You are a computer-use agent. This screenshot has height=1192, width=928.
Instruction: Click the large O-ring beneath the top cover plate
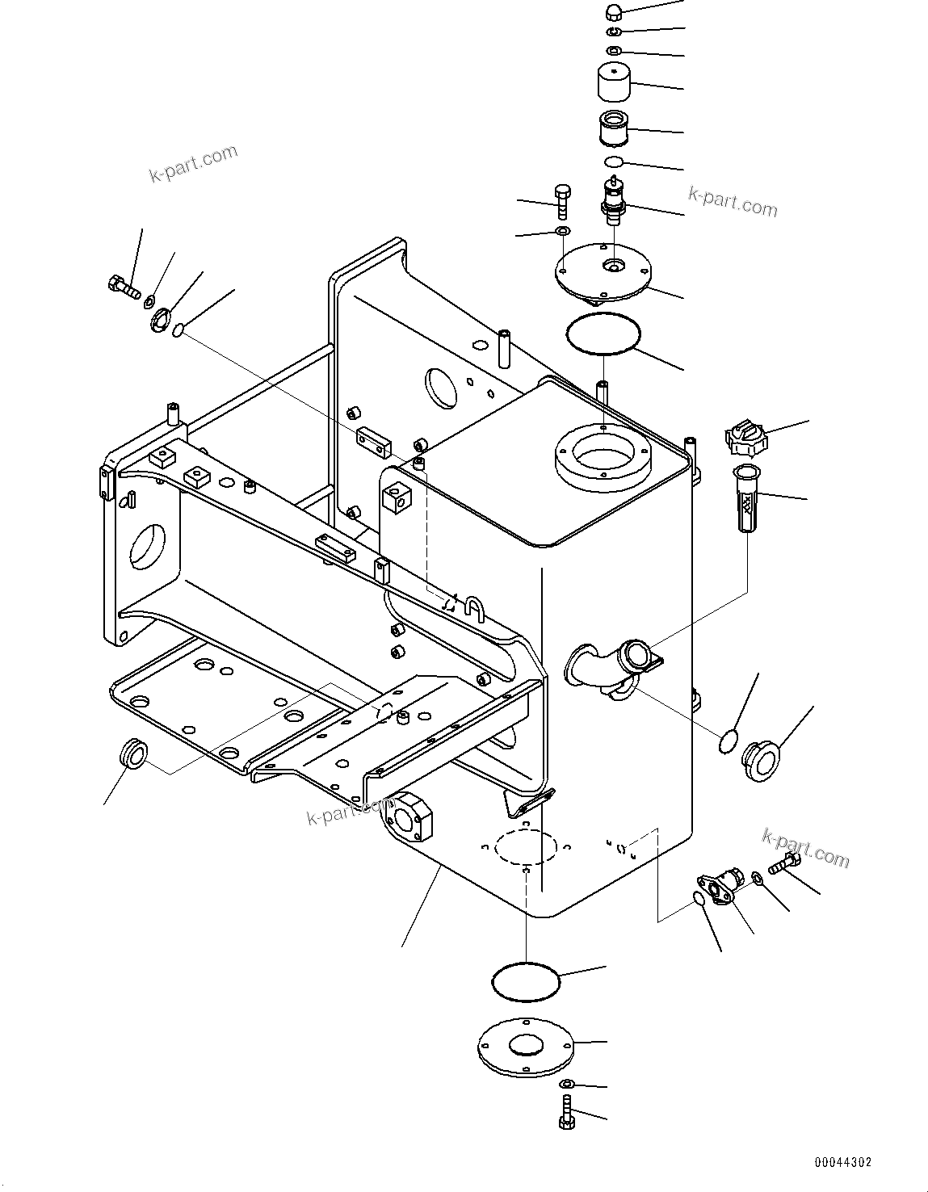[603, 334]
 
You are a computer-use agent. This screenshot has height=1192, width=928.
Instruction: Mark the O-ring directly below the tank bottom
[526, 980]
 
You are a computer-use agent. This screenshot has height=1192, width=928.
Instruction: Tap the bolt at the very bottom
[565, 1112]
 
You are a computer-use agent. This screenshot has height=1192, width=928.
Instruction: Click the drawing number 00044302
[843, 1162]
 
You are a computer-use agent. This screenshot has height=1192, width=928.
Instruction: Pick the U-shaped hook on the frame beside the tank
[475, 606]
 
